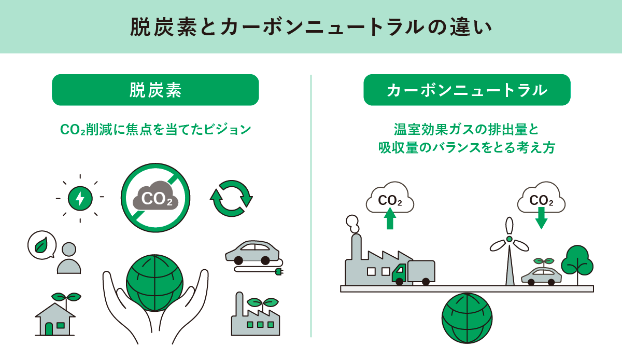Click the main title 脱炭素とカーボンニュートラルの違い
click(x=310, y=27)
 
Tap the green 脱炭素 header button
click(x=155, y=90)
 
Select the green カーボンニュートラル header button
click(x=466, y=90)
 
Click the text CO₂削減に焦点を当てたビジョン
click(x=155, y=130)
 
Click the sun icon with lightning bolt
click(x=80, y=198)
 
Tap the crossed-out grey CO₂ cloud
click(x=155, y=198)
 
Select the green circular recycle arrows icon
click(x=231, y=198)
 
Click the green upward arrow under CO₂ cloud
click(x=390, y=218)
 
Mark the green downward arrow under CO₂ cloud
click(x=541, y=218)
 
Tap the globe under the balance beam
click(x=466, y=319)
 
